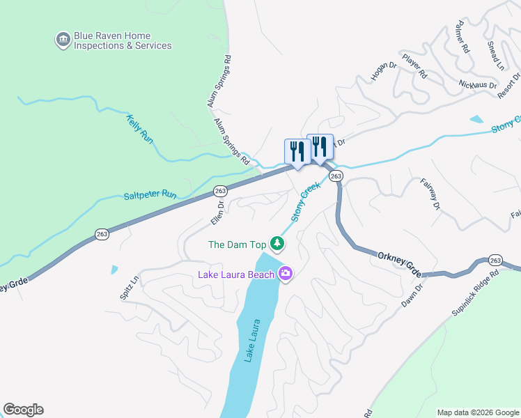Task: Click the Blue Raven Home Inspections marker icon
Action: point(63,40)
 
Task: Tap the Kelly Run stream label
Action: point(139,129)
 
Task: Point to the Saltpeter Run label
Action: point(150,196)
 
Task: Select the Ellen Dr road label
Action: point(217,213)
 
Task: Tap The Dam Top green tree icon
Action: point(278,244)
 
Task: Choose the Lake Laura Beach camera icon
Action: point(285,274)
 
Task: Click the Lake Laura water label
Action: point(252,341)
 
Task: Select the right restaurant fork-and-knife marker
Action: point(320,146)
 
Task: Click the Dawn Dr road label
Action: point(413,295)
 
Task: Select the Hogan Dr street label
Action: point(383,71)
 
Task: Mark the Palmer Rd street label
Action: point(461,41)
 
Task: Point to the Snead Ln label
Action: point(495,55)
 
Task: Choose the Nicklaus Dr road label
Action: point(477,84)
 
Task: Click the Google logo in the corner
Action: point(23,410)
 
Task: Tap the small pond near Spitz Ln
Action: point(114,270)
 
